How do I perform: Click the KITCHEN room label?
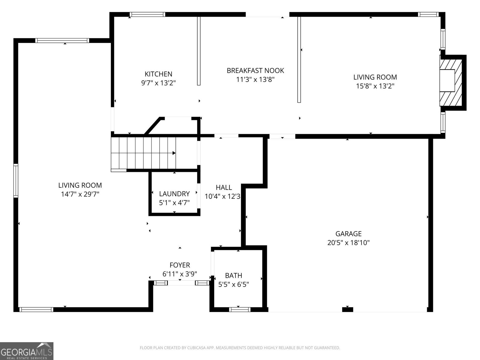click(x=158, y=74)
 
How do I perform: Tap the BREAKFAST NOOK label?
click(x=255, y=70)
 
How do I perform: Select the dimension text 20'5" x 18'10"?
click(x=348, y=243)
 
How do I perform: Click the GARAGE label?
click(x=348, y=234)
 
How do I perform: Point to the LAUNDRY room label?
click(x=174, y=194)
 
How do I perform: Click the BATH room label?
click(x=234, y=275)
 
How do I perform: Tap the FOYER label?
click(x=180, y=265)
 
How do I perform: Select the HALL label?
click(x=224, y=187)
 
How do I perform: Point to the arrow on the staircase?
click(x=174, y=153)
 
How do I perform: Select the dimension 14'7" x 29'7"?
click(x=80, y=194)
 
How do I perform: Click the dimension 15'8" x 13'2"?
click(x=375, y=86)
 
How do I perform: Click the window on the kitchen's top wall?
click(x=147, y=14)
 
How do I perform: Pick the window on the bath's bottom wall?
click(x=239, y=310)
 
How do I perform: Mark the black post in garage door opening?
click(x=347, y=310)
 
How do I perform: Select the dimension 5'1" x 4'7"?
click(x=174, y=203)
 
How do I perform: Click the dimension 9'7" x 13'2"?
click(x=158, y=83)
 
